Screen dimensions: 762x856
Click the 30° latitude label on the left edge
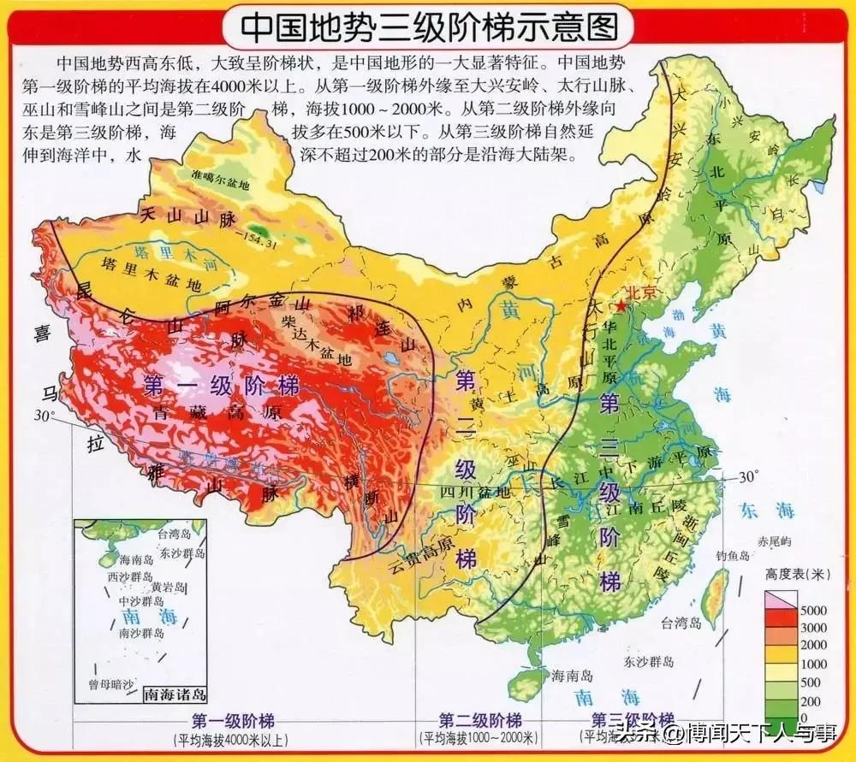pyautogui.click(x=45, y=416)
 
